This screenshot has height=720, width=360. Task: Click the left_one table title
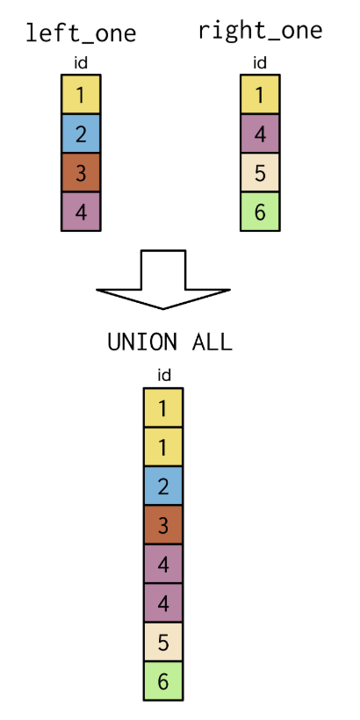click(81, 33)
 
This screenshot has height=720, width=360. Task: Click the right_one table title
click(261, 32)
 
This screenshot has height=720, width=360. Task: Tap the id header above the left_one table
click(81, 63)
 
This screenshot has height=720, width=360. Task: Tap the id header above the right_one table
click(260, 63)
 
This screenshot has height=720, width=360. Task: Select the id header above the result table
click(164, 376)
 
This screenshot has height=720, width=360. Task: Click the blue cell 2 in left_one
click(81, 133)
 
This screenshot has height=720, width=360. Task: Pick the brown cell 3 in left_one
click(81, 173)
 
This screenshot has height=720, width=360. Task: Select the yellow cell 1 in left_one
click(81, 95)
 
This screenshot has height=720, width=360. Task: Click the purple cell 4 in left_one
click(81, 212)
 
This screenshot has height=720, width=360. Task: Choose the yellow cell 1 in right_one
click(260, 95)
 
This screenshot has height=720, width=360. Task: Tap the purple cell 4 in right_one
click(260, 133)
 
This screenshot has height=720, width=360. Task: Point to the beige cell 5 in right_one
click(260, 173)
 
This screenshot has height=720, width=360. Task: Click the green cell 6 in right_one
click(260, 212)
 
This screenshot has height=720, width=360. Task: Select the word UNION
click(142, 342)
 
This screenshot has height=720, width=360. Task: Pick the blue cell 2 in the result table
click(163, 486)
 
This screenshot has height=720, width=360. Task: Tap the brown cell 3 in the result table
click(163, 525)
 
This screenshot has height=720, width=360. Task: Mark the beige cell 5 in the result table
click(163, 642)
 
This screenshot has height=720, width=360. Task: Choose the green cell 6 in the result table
click(163, 681)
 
